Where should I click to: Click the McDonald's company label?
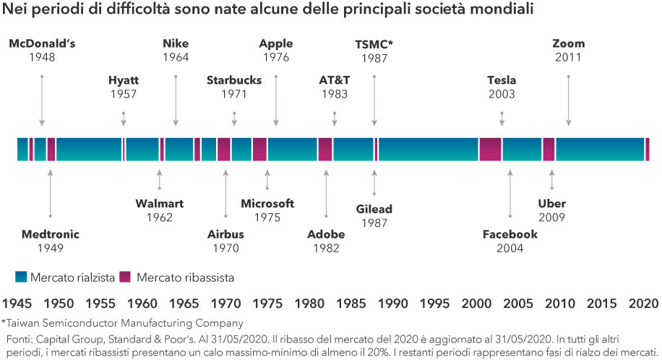[42, 44]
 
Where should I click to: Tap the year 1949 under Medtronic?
[50, 248]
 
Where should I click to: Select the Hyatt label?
[123, 80]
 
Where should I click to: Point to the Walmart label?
[159, 203]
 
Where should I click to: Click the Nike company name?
[176, 44]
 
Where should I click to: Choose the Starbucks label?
[233, 80]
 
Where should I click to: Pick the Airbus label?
[225, 234]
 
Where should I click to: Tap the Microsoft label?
[267, 203]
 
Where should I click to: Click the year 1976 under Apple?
[276, 57]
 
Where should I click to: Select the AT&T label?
[334, 80]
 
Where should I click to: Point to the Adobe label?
[326, 234]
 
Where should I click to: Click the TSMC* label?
[374, 44]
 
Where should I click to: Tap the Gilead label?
[374, 209]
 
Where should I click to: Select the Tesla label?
[502, 80]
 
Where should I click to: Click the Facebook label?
[510, 234]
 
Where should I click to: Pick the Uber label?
[552, 203]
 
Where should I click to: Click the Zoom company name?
[568, 44]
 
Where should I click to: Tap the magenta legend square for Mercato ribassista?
[124, 276]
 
